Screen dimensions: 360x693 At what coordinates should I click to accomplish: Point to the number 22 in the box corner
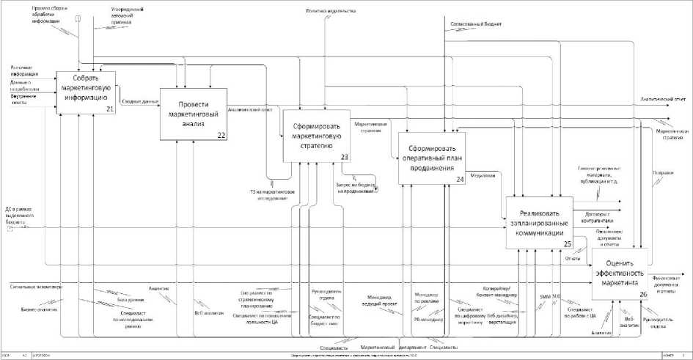pyautogui.click(x=220, y=133)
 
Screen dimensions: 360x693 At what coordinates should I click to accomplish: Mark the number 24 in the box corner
pyautogui.click(x=459, y=179)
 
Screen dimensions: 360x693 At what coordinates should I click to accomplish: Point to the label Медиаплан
pyautogui.click(x=482, y=175)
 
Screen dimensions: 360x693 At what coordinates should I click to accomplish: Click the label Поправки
pyautogui.click(x=662, y=173)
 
